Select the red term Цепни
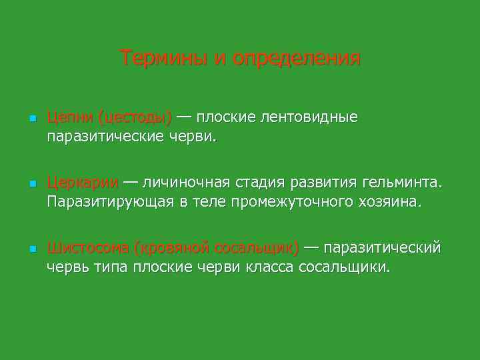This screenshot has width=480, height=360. (69, 118)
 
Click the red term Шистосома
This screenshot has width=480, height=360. (88, 248)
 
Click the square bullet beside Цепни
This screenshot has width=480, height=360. (31, 119)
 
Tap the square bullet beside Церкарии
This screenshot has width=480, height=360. (31, 183)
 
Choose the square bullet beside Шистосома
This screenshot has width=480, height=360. (31, 249)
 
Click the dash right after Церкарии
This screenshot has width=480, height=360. (131, 181)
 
